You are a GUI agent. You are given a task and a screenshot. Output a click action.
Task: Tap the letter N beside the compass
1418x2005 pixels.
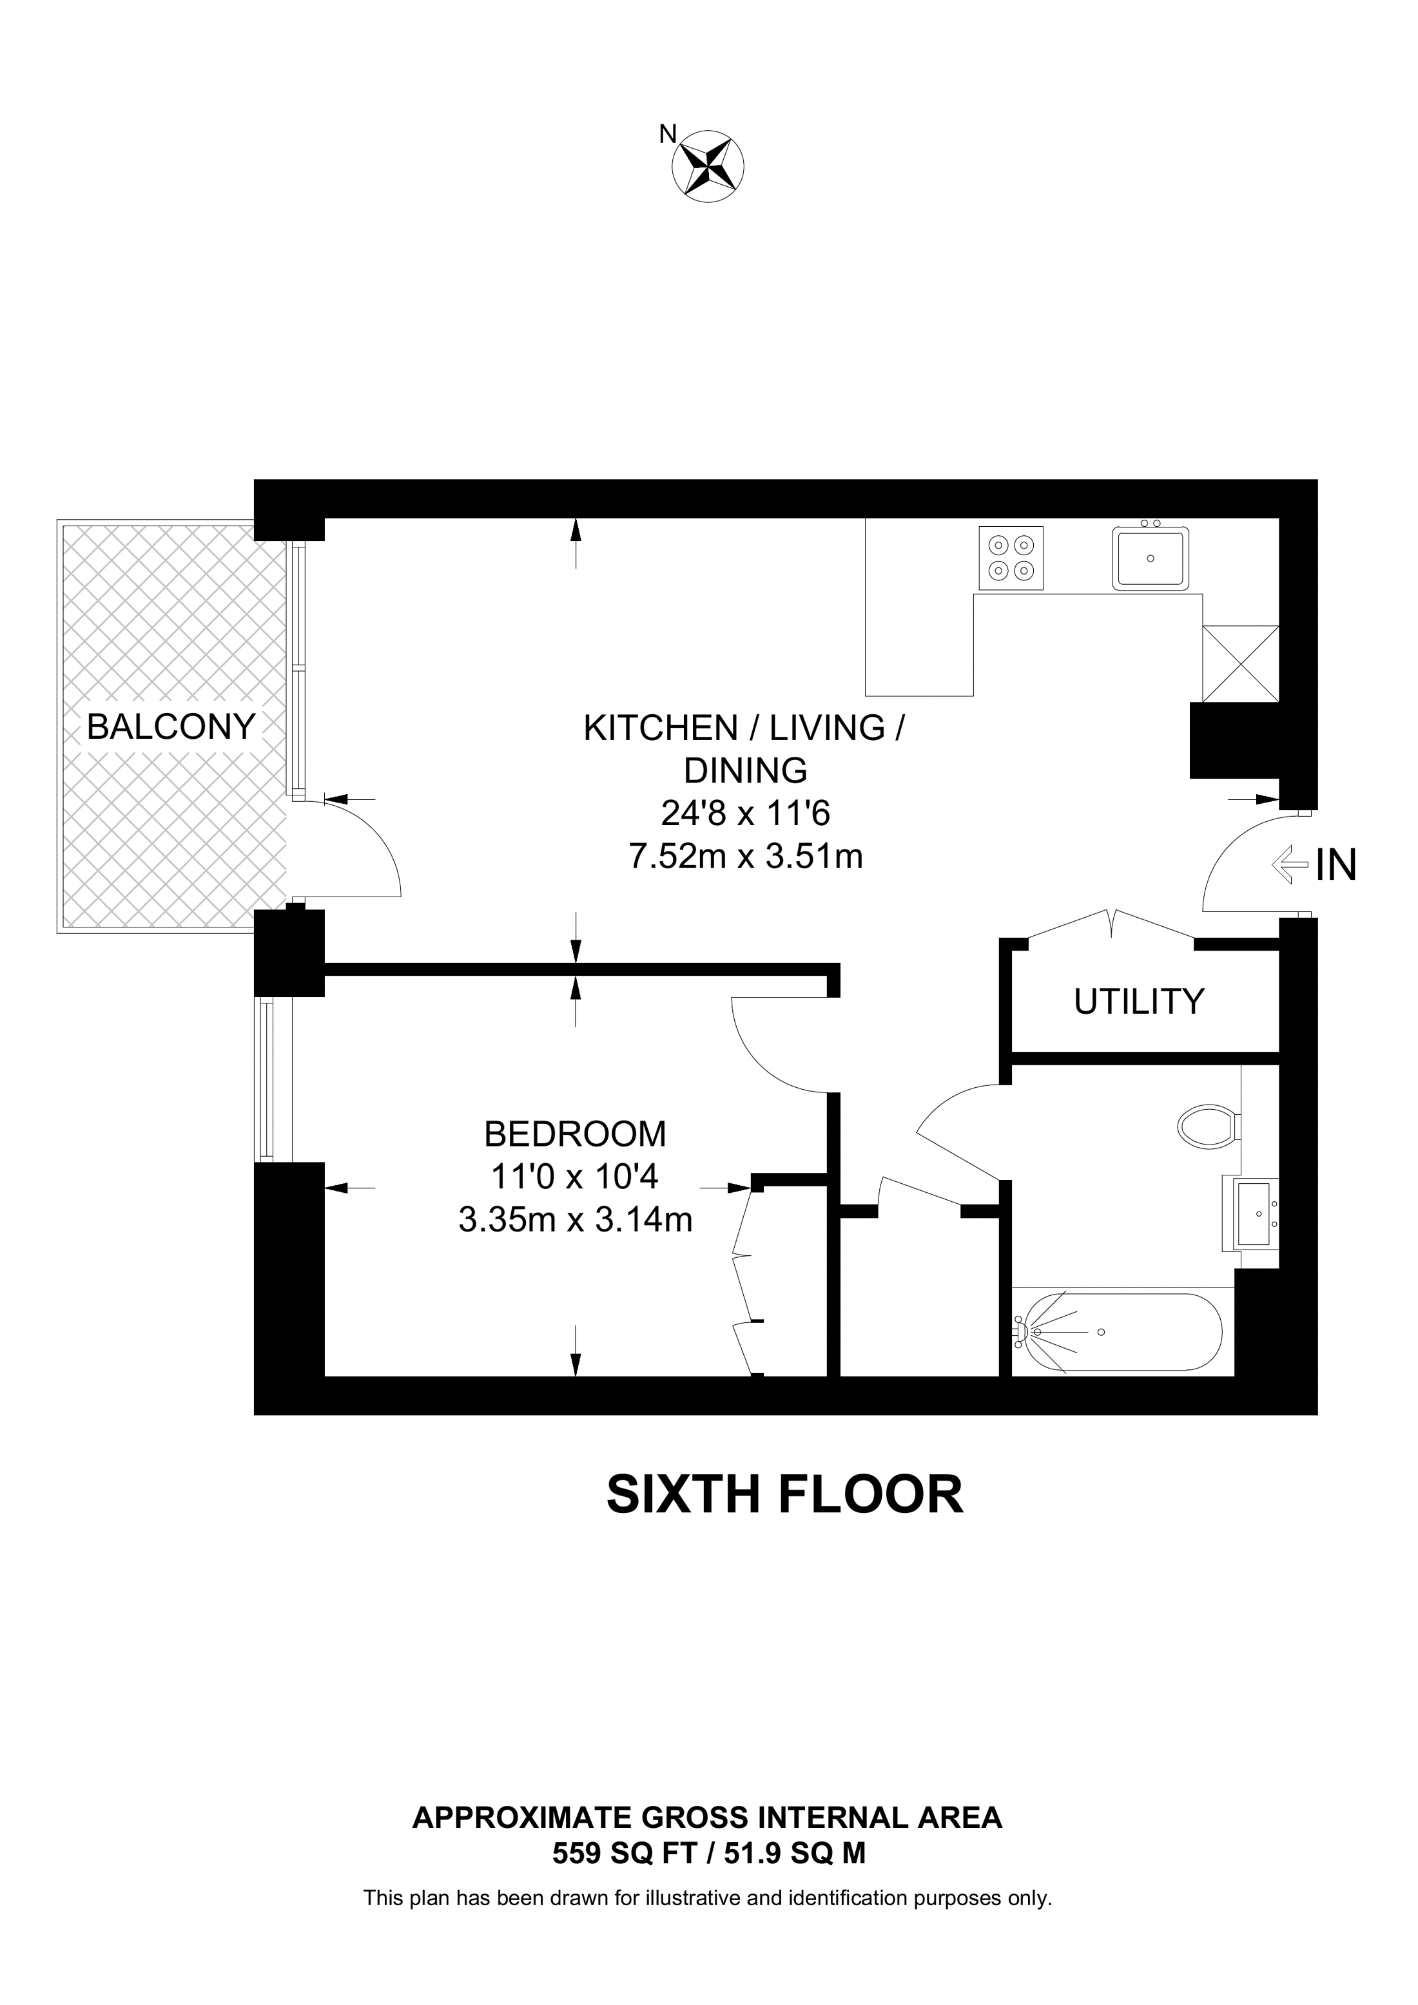668,133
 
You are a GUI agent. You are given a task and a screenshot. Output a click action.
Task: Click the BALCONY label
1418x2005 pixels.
171,727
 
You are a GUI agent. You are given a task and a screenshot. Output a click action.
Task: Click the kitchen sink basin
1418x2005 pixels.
1150,557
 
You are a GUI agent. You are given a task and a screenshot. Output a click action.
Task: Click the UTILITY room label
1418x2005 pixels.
1140,1002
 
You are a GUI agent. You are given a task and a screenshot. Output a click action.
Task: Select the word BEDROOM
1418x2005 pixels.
575,1134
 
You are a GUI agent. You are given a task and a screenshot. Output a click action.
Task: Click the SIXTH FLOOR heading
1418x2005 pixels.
784,1494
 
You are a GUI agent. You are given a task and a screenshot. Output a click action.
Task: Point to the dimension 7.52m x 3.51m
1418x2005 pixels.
746,857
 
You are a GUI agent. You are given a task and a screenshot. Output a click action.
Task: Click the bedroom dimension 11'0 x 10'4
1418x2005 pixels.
574,1177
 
